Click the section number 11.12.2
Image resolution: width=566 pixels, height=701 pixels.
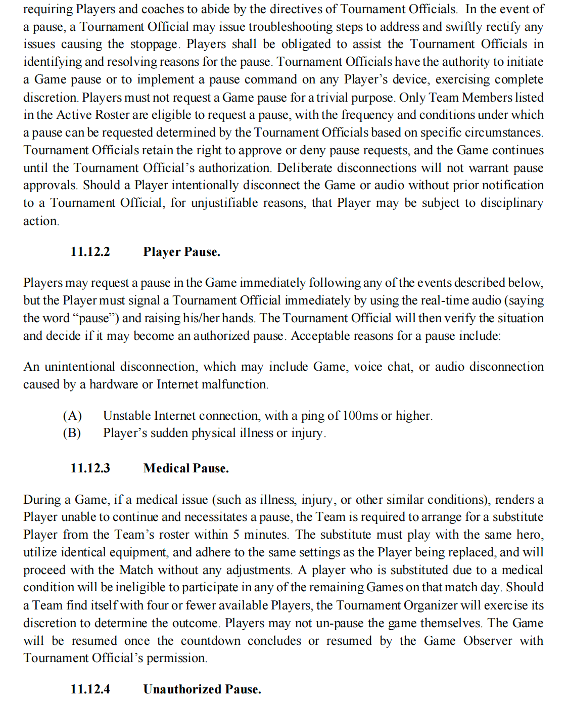coord(90,252)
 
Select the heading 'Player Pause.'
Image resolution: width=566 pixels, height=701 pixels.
coord(181,252)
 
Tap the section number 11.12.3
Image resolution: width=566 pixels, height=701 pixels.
coord(90,468)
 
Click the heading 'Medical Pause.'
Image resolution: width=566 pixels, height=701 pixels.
coord(186,468)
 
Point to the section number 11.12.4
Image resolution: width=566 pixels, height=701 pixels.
coord(90,689)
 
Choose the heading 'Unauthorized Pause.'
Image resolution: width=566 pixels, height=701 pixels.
coord(202,689)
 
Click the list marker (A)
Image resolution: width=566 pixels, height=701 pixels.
coord(72,416)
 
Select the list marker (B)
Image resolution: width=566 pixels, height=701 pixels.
coord(72,433)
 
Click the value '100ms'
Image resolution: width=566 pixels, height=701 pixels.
coord(360,416)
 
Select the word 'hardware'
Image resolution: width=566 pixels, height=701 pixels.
coord(114,384)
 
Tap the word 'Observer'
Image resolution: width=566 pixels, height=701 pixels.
coord(488,641)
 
